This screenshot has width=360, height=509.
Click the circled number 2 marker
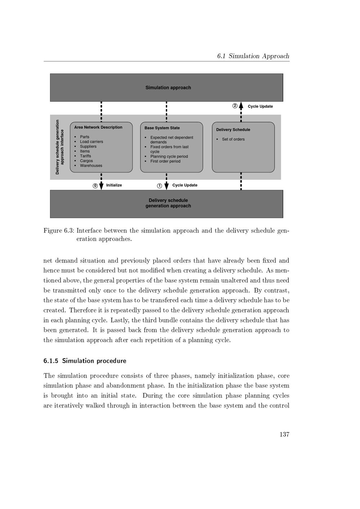click(x=235, y=106)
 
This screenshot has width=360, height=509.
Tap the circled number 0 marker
click(x=95, y=186)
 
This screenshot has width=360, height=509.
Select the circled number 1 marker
click(x=159, y=186)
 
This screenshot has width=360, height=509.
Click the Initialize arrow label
click(x=114, y=185)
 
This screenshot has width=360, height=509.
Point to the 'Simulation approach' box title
click(x=168, y=87)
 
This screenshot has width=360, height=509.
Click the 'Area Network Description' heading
click(x=98, y=127)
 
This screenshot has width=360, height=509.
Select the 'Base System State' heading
click(x=162, y=128)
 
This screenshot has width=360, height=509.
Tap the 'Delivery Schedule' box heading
click(x=233, y=130)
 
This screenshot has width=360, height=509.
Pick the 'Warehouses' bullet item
click(x=91, y=166)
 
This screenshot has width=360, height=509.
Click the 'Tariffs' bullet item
click(x=86, y=156)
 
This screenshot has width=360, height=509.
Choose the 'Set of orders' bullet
click(x=233, y=139)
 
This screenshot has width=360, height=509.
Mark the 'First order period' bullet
click(x=165, y=161)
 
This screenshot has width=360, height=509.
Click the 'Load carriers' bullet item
click(x=91, y=141)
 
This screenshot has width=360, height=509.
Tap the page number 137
click(x=284, y=434)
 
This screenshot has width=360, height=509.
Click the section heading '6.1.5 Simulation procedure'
click(x=85, y=361)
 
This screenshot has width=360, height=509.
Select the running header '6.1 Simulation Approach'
click(x=253, y=56)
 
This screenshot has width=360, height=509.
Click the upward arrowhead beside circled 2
click(x=241, y=105)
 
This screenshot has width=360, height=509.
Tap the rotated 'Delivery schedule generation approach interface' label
click(x=59, y=147)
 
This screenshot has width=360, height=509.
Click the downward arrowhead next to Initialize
click(x=101, y=186)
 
